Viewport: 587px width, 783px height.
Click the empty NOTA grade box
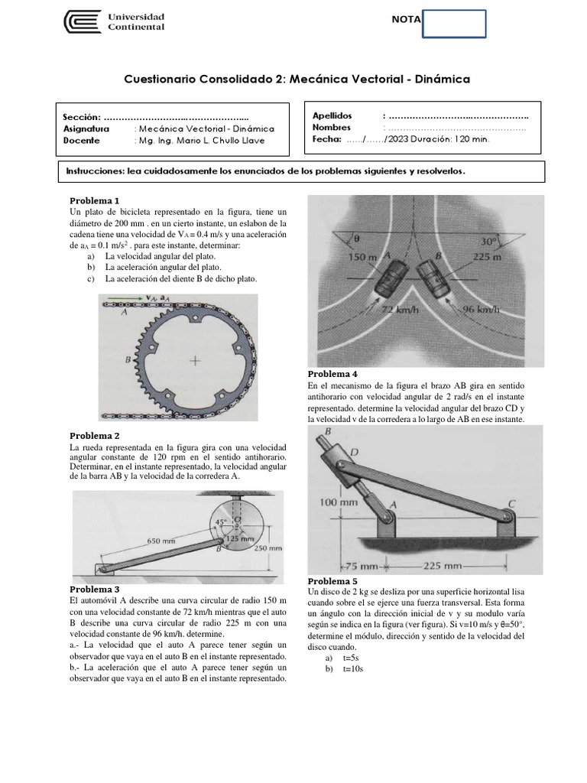pyautogui.click(x=454, y=23)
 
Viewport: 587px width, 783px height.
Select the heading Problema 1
pyautogui.click(x=95, y=200)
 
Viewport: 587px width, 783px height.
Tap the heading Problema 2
pyautogui.click(x=95, y=434)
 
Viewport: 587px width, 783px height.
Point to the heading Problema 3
pyautogui.click(x=95, y=589)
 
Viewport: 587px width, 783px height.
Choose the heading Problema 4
pyautogui.click(x=332, y=374)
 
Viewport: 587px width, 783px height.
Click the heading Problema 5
pyautogui.click(x=332, y=582)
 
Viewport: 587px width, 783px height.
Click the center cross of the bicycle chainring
pyautogui.click(x=196, y=361)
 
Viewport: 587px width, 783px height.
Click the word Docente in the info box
pyautogui.click(x=82, y=140)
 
